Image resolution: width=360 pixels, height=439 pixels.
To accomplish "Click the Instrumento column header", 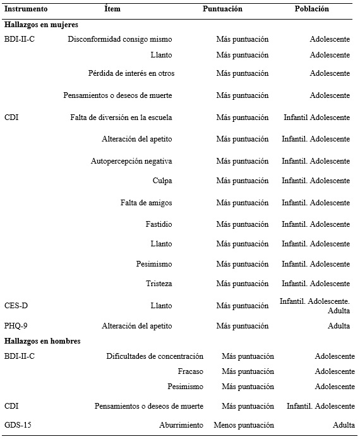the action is click(x=26, y=9).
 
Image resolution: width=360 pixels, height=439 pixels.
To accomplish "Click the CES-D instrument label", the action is click(x=16, y=306).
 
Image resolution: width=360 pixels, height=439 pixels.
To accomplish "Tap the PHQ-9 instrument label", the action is click(x=16, y=326).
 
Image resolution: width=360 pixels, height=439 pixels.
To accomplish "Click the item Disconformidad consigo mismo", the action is click(x=120, y=39).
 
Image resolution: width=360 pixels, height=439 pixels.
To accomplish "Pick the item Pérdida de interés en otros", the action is click(x=131, y=73).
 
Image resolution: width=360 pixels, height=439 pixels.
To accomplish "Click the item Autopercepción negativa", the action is click(x=131, y=161).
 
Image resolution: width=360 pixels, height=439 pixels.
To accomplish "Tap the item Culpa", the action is click(x=162, y=181).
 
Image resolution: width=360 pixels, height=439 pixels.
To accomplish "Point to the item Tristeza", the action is click(x=159, y=284).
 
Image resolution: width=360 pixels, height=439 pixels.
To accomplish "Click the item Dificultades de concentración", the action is click(x=155, y=356).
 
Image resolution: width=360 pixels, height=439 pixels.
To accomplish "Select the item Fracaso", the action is click(x=191, y=371).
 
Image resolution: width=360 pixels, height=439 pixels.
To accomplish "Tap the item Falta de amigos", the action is click(x=146, y=203).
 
